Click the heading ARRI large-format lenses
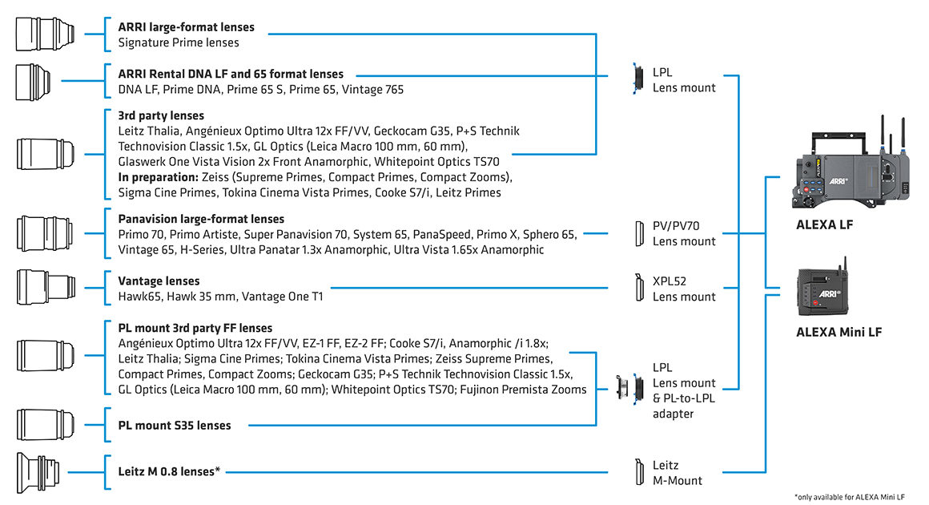click(x=186, y=26)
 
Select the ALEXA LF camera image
click(x=851, y=163)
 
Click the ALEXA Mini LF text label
click(x=839, y=332)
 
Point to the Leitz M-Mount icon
click(x=639, y=472)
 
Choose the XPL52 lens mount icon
click(x=639, y=288)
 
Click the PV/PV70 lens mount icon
click(x=639, y=233)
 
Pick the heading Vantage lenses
click(x=159, y=281)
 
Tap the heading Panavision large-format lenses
click(x=201, y=220)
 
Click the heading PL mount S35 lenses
click(x=175, y=426)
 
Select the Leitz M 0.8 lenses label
click(x=169, y=472)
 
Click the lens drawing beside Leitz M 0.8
click(x=38, y=472)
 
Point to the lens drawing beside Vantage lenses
click(x=46, y=287)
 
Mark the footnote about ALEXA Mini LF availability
click(x=850, y=497)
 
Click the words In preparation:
click(x=159, y=177)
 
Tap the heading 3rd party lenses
click(x=161, y=115)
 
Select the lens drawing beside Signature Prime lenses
click(x=45, y=34)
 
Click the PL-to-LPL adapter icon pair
click(x=629, y=388)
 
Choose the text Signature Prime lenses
click(x=179, y=42)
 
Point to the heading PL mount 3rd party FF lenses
click(x=195, y=328)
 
